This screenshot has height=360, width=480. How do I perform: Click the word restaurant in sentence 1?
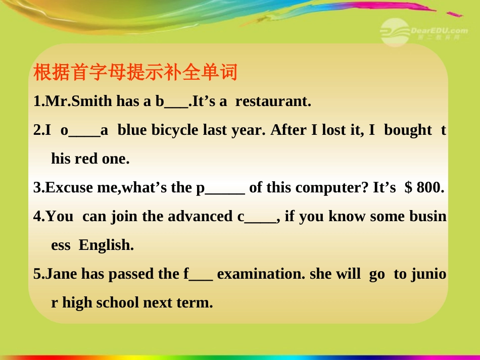(x=272, y=101)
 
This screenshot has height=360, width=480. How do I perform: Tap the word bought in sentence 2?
(x=408, y=130)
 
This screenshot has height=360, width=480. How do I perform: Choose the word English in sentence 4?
(x=106, y=245)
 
